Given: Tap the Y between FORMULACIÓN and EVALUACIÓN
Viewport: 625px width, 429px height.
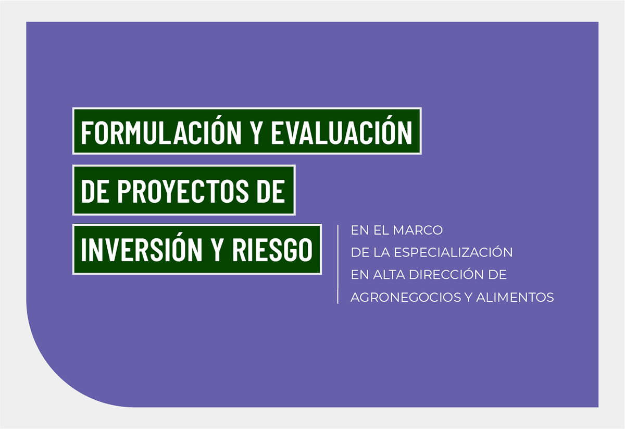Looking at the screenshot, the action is pos(256,133).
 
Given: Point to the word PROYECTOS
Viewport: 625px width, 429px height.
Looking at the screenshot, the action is pos(183,191).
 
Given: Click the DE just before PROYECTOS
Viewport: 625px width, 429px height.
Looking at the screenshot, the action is pos(95,191).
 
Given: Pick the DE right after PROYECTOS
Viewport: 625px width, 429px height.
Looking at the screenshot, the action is pos(271,191).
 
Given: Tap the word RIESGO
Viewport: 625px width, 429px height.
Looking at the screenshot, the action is pos(272,250).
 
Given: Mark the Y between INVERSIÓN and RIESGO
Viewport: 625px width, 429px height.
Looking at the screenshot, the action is pos(217,250).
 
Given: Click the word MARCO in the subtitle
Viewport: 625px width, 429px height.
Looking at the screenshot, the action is pos(418,230).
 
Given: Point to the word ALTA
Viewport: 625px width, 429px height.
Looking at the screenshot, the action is pos(389,275).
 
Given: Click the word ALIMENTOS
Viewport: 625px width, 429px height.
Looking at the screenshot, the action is pos(515,297).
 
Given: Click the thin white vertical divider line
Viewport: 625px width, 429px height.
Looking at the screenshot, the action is pos(338,264).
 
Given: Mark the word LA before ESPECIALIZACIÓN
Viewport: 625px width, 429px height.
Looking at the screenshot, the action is pos(381,252).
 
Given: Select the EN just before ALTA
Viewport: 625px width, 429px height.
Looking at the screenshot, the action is pos(360,275).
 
